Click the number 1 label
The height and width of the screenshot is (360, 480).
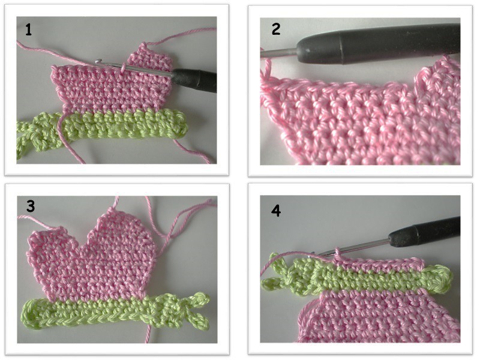[28, 31]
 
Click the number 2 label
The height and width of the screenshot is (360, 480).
[276, 29]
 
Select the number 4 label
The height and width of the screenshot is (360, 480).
[276, 211]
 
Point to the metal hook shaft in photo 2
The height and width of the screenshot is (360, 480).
[279, 53]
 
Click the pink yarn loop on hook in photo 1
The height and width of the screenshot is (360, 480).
[124, 67]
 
